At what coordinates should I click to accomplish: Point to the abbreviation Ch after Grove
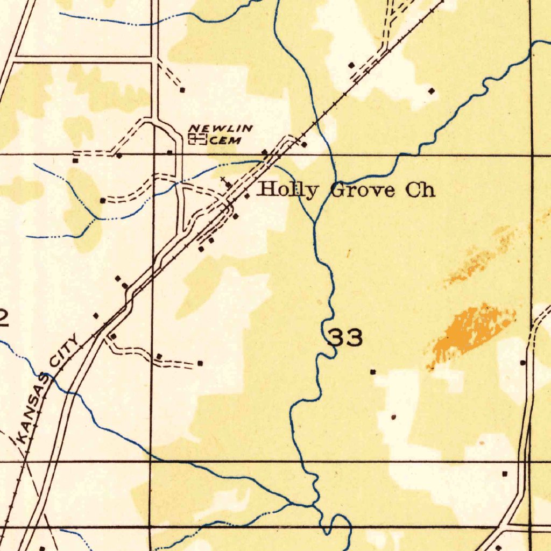click(420, 190)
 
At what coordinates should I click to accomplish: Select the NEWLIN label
click(221, 128)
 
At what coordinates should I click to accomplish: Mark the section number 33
click(345, 338)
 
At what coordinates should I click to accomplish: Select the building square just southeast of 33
click(373, 371)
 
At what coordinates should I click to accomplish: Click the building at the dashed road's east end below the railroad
click(200, 363)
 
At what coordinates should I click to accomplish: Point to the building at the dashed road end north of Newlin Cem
click(182, 89)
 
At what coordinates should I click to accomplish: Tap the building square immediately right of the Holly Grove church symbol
click(246, 196)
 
